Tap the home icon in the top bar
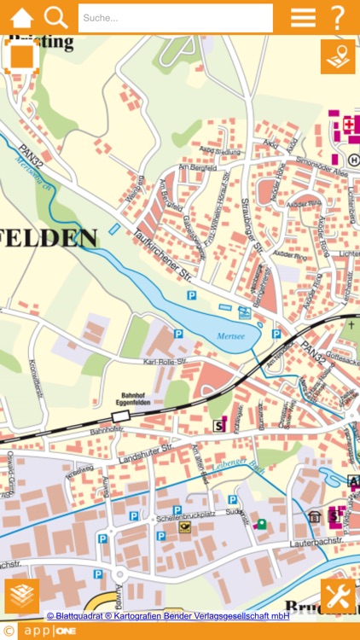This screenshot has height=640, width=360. [x=21, y=17]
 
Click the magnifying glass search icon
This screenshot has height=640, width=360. [x=56, y=17]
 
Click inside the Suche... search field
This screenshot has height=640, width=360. [x=175, y=17]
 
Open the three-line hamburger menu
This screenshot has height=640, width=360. [x=303, y=17]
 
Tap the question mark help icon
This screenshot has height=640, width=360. [x=339, y=17]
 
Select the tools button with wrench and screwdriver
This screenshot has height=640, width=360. [x=338, y=596]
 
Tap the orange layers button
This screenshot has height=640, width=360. [x=21, y=596]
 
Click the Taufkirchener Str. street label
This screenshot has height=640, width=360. [x=162, y=253]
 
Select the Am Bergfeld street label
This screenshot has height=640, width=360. [x=194, y=170]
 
